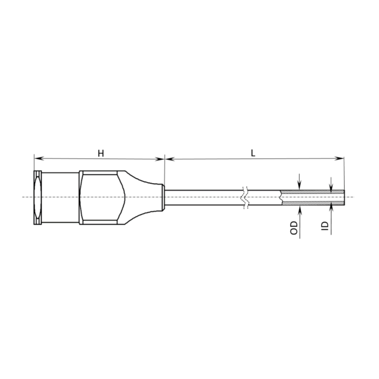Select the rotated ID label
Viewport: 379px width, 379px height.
click(325, 226)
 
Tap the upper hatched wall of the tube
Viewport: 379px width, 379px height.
click(312, 192)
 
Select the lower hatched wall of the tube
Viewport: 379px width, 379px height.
click(312, 202)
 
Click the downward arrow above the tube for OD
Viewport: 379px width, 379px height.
click(299, 185)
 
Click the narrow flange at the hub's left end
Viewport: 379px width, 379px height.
click(38, 197)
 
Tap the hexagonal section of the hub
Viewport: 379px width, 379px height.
click(101, 197)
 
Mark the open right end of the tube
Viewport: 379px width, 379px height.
click(344, 197)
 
